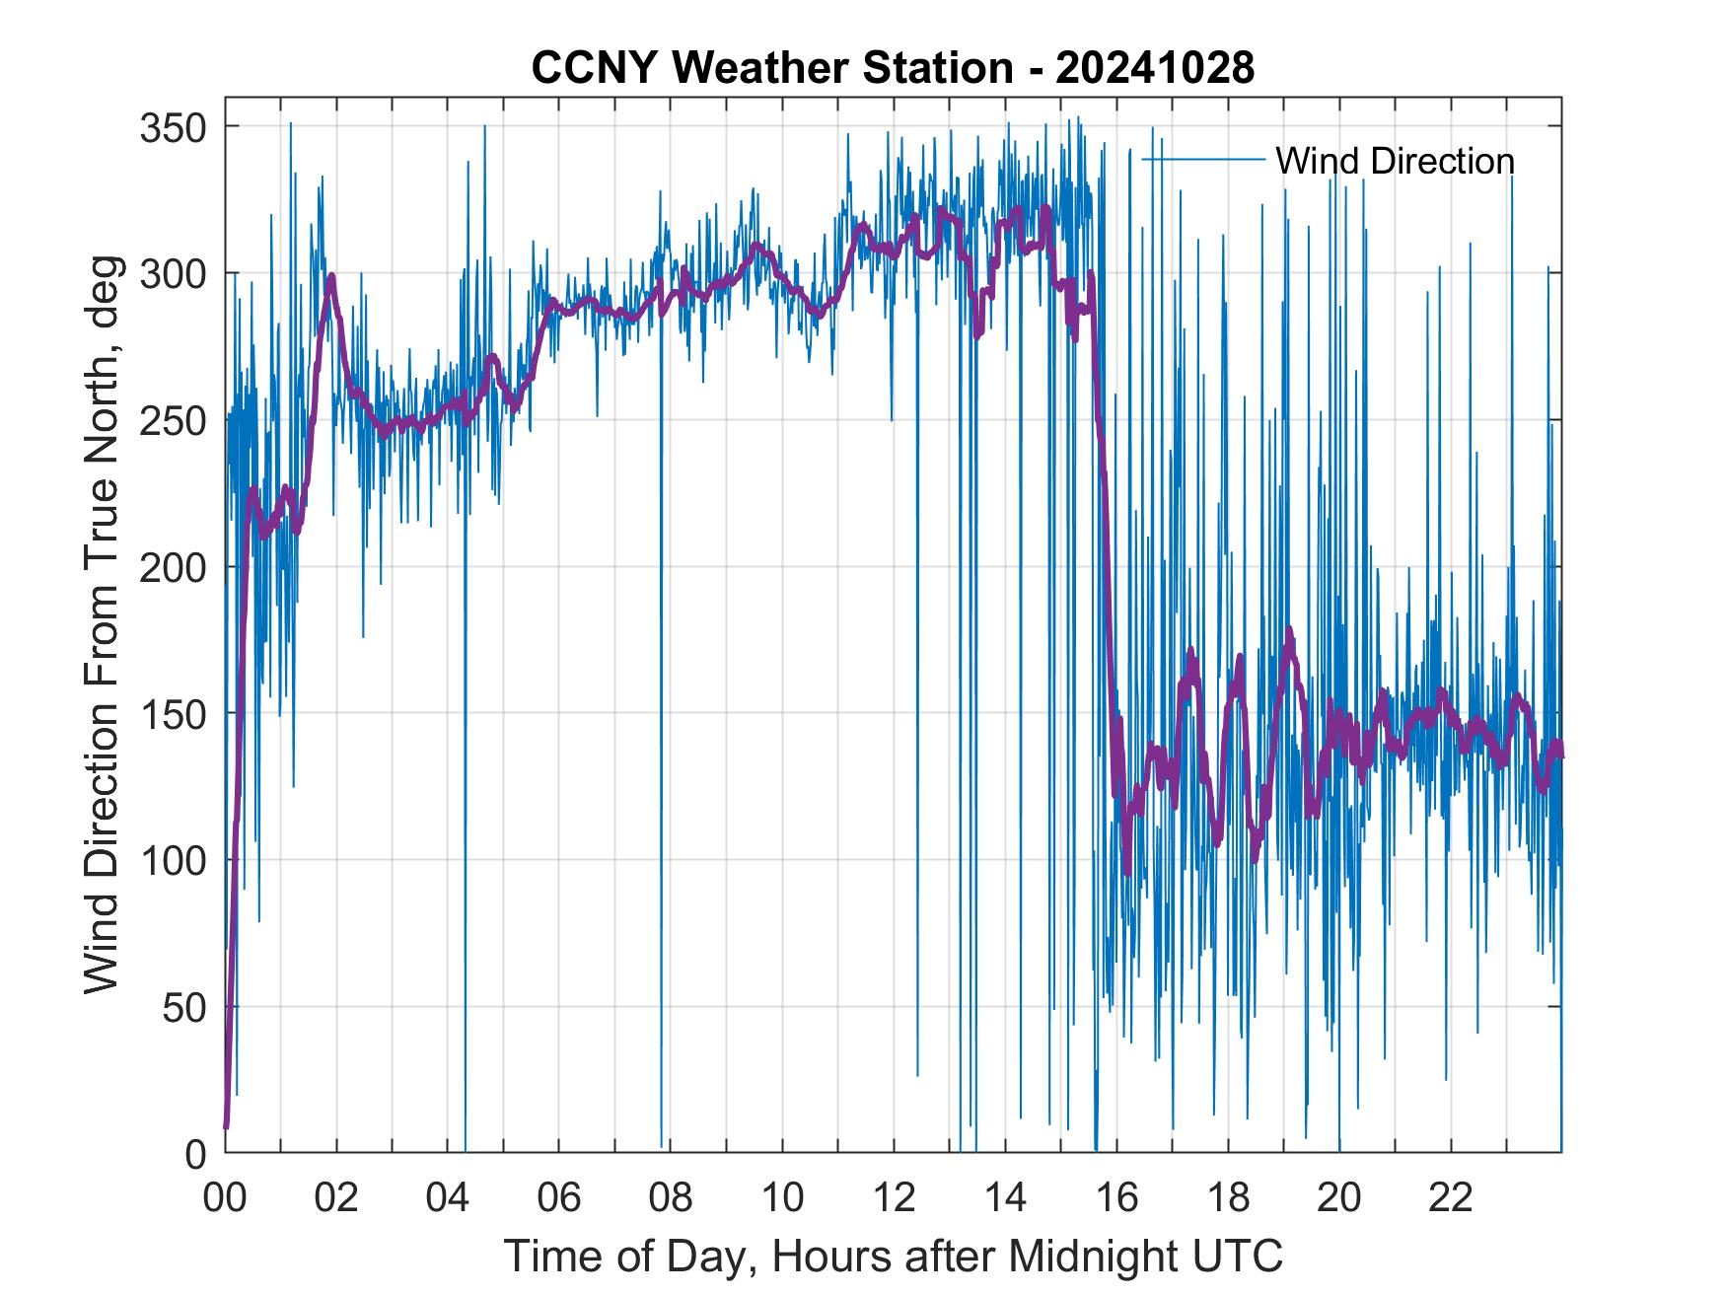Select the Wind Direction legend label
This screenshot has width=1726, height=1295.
[x=1395, y=161]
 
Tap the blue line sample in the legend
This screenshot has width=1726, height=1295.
[x=1203, y=160]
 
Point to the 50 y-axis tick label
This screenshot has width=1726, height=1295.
[x=185, y=1008]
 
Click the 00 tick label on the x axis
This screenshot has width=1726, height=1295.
[x=225, y=1199]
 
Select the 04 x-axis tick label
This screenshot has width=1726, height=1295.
[x=448, y=1199]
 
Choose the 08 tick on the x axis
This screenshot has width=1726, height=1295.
[x=671, y=1199]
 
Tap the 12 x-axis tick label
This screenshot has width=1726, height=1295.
[x=894, y=1199]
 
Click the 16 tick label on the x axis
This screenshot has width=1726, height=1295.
[x=1116, y=1199]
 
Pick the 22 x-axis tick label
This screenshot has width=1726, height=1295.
[x=1451, y=1199]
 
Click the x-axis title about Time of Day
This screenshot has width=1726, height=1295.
[x=894, y=1256]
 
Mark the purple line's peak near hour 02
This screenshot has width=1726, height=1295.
[x=332, y=276]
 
